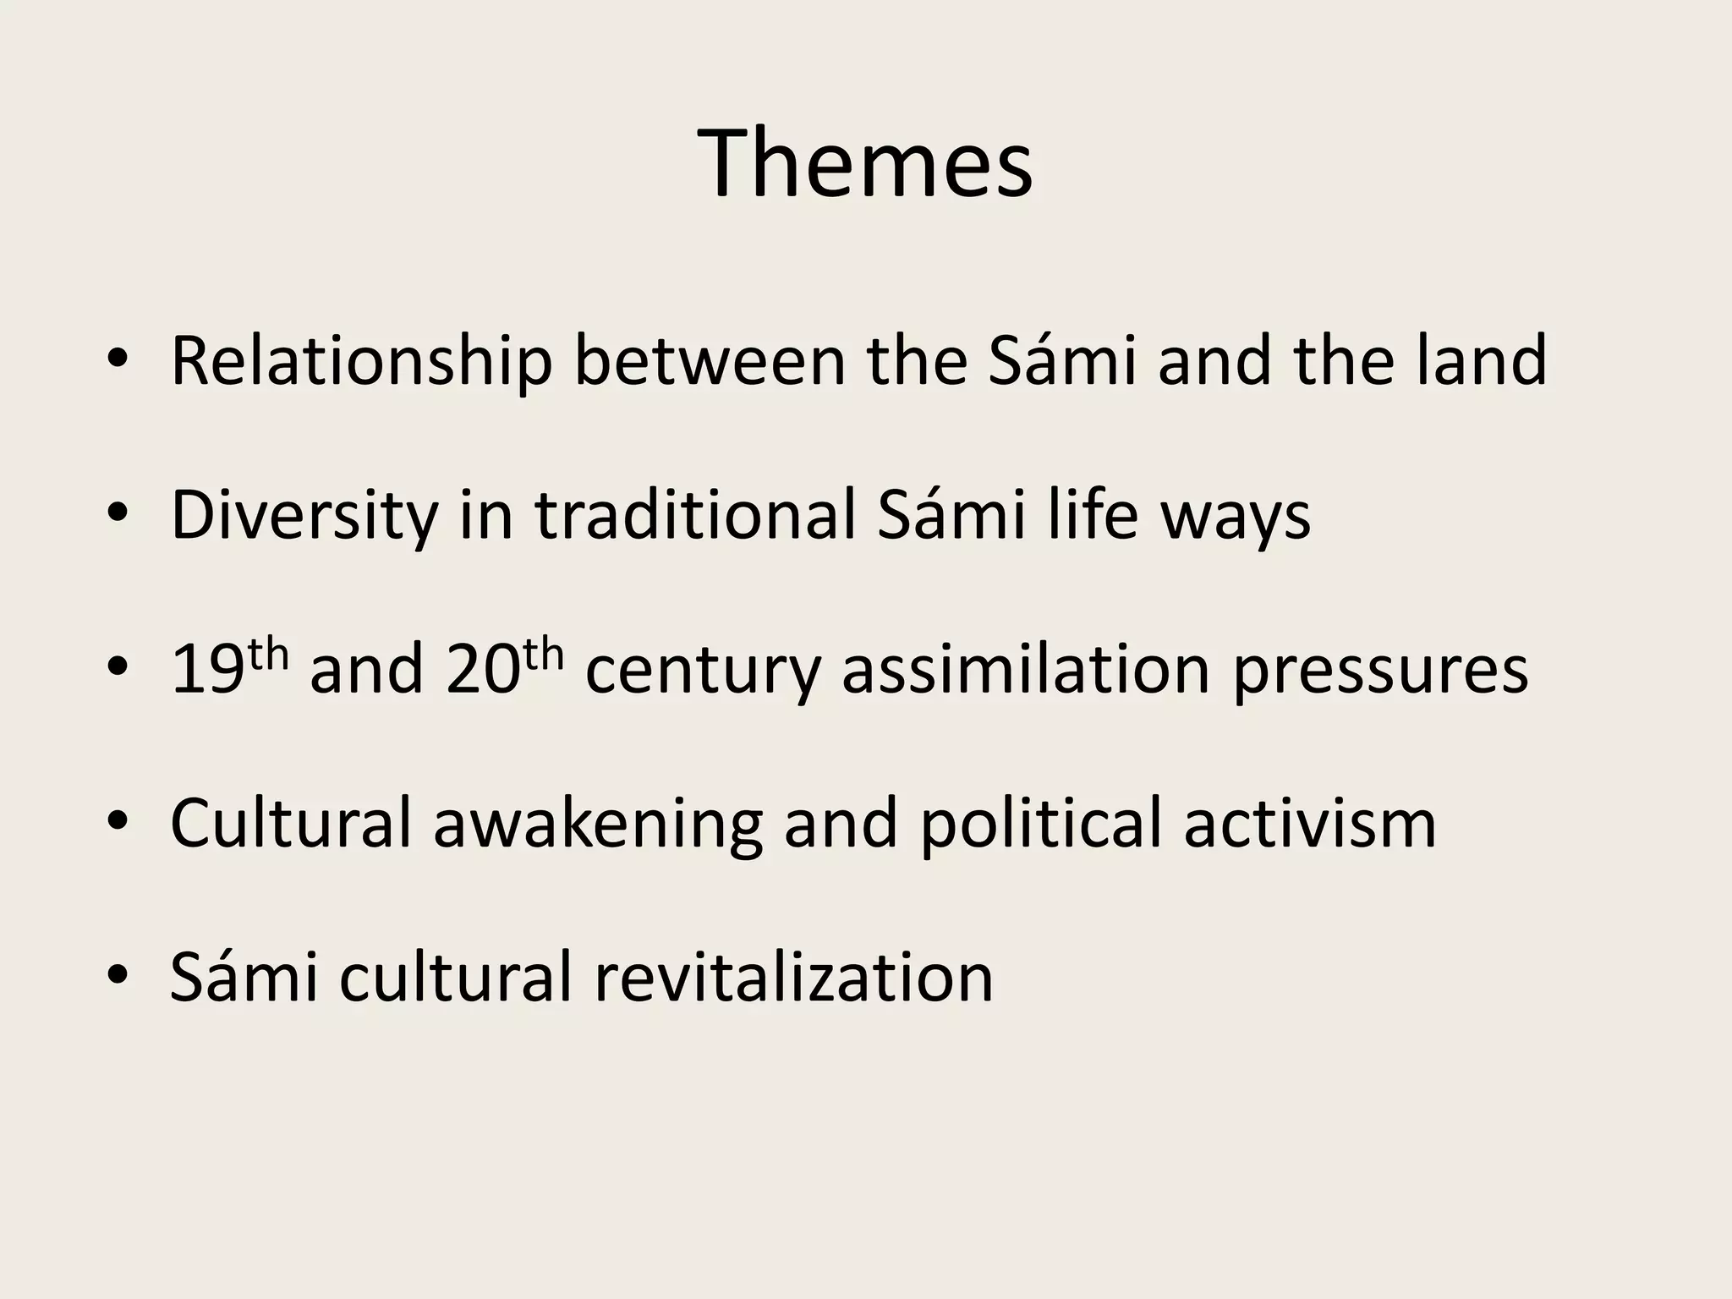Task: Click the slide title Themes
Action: point(865,162)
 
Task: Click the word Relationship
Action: point(361,361)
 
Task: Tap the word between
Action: point(710,361)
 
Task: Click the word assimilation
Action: point(1026,670)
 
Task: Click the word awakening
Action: point(598,825)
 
